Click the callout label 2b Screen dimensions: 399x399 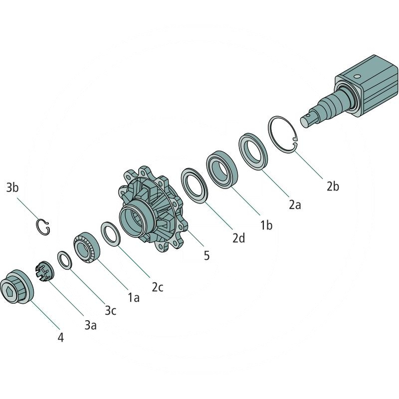click(333, 187)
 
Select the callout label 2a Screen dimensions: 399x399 click(295, 204)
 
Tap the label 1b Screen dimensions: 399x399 click(266, 225)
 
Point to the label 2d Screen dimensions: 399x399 click(239, 238)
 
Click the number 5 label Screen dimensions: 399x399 click(206, 255)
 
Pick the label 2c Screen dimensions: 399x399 click(158, 287)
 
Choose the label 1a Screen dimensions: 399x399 click(134, 297)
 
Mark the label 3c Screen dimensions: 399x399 click(110, 310)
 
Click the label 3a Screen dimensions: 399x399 click(91, 325)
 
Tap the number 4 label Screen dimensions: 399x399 click(60, 338)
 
